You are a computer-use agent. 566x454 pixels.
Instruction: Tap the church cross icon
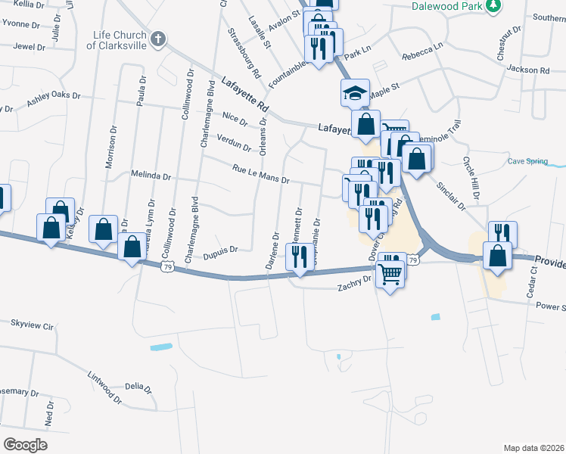pos(158,39)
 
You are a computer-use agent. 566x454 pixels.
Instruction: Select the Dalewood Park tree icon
pos(494,6)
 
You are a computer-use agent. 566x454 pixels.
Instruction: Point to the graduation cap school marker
pos(355,93)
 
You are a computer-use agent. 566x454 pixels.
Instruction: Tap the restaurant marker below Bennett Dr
pos(299,257)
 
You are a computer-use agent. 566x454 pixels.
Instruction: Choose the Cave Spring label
pos(527,161)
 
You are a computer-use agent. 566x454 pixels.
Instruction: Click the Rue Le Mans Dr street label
pos(261,175)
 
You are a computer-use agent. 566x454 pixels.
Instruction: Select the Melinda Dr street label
pos(151,176)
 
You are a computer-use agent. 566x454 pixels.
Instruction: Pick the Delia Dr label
pos(134,386)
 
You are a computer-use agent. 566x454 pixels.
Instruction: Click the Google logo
pos(25,444)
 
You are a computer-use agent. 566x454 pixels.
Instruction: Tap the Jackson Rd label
pos(528,70)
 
